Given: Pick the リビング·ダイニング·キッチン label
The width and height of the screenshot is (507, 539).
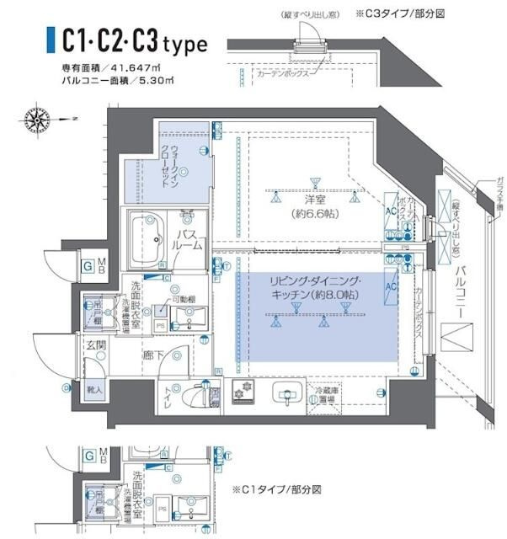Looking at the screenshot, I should pos(315,287).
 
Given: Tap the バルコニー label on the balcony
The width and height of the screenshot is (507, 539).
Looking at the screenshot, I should pos(460,291).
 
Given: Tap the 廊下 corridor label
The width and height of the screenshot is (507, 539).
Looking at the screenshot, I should pos(153,356).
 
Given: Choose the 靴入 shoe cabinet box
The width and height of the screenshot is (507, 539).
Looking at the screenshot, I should pos(94,390).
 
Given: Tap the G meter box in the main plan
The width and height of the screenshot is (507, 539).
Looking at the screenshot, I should pos(87,267).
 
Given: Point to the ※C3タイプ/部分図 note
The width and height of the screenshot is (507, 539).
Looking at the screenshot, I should pos(401,14).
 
